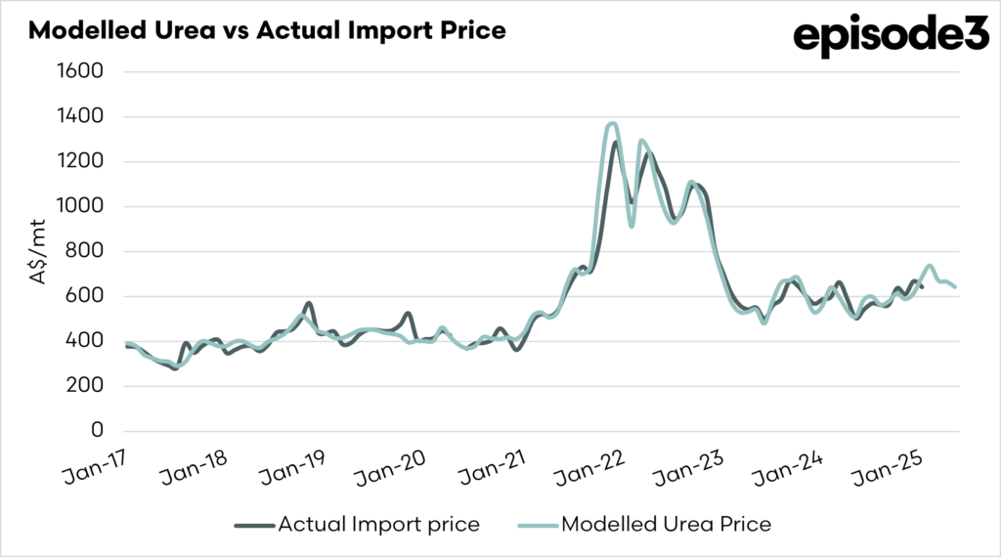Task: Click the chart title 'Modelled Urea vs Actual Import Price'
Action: coord(267,30)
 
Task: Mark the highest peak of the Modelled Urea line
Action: coord(613,124)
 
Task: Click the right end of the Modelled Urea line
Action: coord(954,286)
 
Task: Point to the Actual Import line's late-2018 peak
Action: coord(308,304)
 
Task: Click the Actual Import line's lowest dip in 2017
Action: coord(175,368)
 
